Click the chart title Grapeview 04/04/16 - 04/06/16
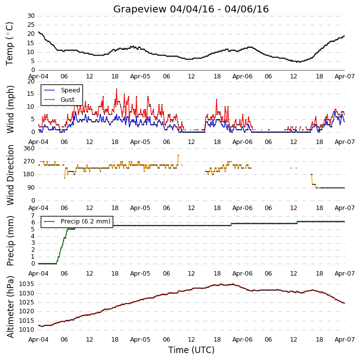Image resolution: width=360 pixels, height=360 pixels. point(191,9)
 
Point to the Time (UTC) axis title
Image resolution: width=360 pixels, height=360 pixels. point(191,350)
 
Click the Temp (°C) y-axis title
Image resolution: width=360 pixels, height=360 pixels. point(9,44)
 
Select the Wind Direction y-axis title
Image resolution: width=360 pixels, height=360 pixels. point(10,175)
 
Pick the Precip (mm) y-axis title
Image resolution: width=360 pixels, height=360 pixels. point(10,241)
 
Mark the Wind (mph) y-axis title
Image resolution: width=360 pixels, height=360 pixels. point(10,109)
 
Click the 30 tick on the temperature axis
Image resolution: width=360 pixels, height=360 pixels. point(31,16)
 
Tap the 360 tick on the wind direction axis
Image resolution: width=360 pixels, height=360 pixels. point(29,148)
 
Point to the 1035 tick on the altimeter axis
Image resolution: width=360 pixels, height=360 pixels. point(26,284)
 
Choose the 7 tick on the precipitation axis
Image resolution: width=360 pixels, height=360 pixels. point(33,216)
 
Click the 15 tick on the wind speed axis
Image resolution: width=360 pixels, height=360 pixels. point(31,94)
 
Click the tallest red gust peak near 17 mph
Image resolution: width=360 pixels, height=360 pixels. point(117,89)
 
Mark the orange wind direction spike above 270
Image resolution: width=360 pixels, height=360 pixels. point(178,155)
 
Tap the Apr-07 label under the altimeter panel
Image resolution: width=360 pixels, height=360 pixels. point(345,339)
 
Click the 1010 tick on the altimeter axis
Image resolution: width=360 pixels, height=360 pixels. point(26,330)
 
